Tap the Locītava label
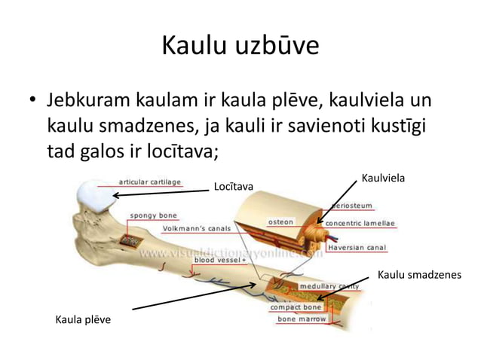[234, 186]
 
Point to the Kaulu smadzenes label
[418, 275]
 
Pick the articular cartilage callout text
[150, 182]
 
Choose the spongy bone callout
[155, 215]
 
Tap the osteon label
[282, 222]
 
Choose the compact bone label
[297, 307]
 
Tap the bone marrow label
[302, 319]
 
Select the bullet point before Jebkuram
[32, 100]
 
